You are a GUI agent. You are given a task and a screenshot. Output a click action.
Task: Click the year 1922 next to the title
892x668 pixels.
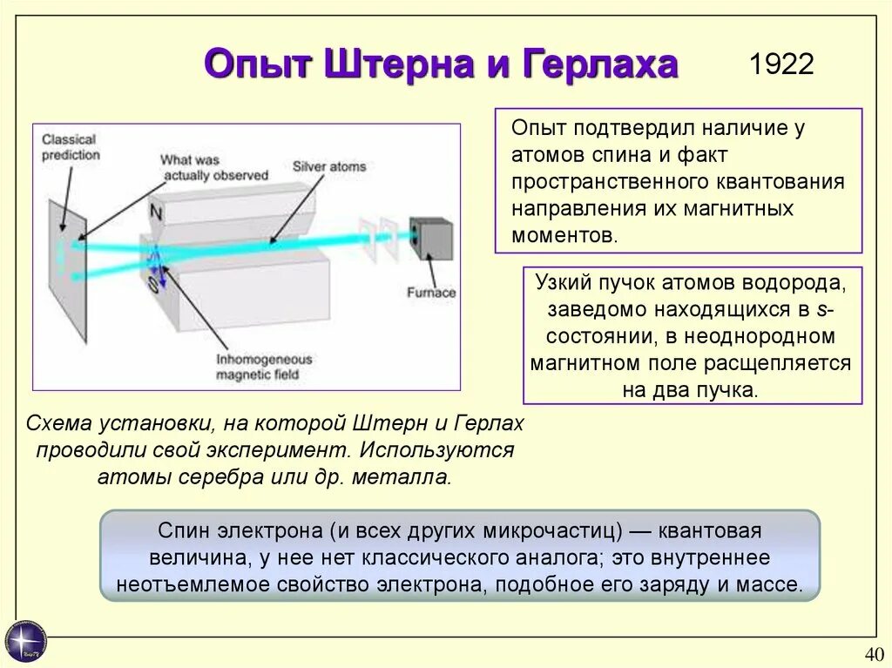coord(781,64)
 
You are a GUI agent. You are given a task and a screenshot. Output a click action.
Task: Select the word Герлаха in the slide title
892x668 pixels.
coord(600,64)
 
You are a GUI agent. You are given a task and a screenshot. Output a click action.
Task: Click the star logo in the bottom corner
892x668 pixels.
coord(25,642)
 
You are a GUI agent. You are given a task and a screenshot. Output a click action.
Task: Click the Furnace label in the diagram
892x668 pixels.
coord(431,293)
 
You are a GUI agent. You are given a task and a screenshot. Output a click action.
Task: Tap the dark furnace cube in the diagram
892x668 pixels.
coord(432,239)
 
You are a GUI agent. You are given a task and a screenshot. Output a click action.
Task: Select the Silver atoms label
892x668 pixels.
coord(329,166)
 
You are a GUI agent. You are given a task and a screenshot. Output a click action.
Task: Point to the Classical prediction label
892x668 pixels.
coord(71,146)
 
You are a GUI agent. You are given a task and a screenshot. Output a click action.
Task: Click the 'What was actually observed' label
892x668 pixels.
coord(213,167)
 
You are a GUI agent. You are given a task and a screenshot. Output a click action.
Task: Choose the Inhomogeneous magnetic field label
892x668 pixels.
coord(264,367)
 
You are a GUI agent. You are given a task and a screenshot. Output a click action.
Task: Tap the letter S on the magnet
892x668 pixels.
coord(152,285)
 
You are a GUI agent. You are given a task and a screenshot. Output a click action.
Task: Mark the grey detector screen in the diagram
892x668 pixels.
coord(67,269)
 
